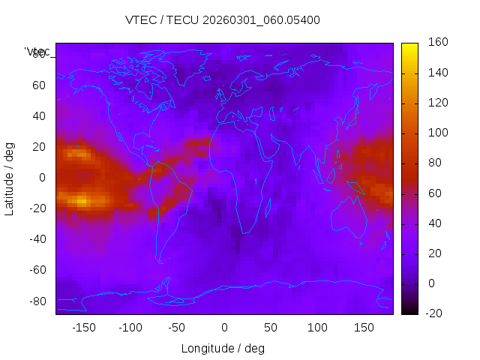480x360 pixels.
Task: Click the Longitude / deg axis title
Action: point(223,349)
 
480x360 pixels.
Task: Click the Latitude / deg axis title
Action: point(10,178)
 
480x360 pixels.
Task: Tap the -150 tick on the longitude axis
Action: point(84,328)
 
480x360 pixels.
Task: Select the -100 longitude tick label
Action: point(130,328)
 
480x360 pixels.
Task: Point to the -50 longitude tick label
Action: point(177,328)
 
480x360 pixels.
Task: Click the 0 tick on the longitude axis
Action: point(224,328)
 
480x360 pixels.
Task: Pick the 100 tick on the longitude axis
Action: point(317,328)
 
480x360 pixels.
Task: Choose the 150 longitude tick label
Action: point(364,328)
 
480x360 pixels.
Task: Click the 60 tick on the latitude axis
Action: point(39,85)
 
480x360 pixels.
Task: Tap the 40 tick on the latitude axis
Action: point(39,116)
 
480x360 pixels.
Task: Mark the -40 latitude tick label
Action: point(37,239)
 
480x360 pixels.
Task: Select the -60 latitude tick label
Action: point(37,270)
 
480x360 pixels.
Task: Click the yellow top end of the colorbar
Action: point(409,46)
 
